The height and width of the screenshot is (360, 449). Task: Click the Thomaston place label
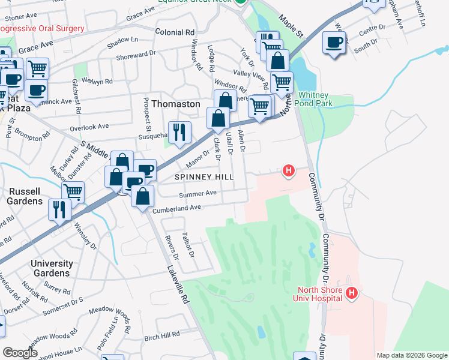point(175,104)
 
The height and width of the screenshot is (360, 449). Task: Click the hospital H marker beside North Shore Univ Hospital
point(352,293)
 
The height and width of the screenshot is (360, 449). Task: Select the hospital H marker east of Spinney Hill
point(289,172)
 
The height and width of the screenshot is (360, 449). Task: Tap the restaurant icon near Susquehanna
point(179,133)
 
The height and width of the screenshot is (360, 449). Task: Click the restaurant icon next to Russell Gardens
point(60,209)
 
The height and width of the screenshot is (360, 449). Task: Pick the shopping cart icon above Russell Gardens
point(73,192)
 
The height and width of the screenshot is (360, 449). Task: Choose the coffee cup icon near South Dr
point(334,43)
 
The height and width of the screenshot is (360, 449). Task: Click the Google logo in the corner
point(20,353)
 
